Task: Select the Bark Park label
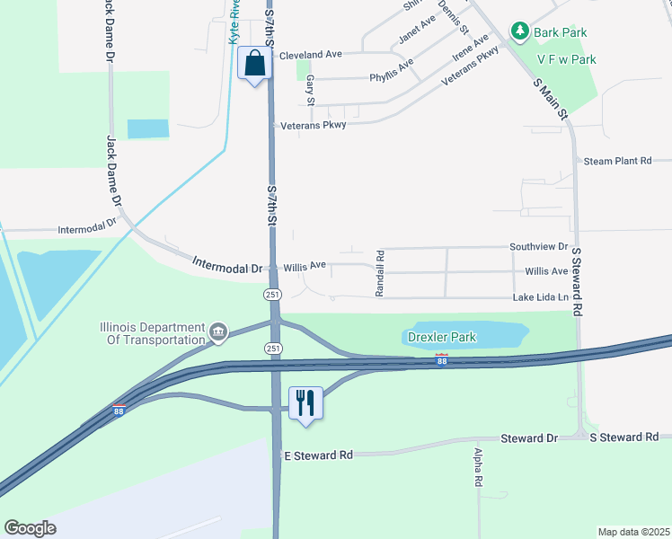coord(560,32)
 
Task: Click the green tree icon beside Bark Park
coord(519,32)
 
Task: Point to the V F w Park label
coord(566,59)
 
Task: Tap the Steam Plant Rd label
coord(617,161)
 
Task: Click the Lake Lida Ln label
coord(541,297)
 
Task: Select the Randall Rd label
coord(380,273)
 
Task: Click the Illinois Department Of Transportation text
coord(152,333)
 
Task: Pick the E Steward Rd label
coord(318,455)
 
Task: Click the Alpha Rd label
coord(478,468)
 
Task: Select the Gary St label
coord(309,89)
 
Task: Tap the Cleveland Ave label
coord(311,55)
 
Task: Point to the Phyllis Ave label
coord(392,71)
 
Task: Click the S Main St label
coord(551,99)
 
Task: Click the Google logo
coord(31,528)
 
